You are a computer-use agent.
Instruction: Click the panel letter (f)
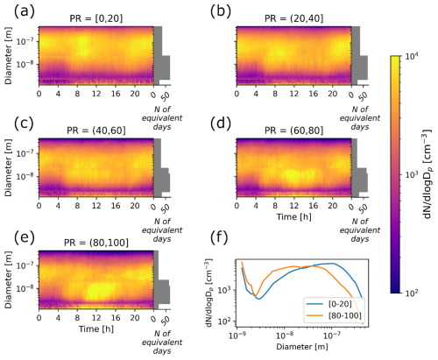(x=219, y=238)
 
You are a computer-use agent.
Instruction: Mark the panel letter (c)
(x=24, y=124)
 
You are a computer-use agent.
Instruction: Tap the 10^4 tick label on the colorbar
(x=412, y=57)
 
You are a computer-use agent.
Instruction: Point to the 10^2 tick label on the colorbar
(x=412, y=293)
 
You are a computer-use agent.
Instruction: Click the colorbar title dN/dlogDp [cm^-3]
(x=427, y=174)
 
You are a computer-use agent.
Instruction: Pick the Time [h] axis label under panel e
(x=96, y=329)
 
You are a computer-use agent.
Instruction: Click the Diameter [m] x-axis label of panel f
(x=302, y=347)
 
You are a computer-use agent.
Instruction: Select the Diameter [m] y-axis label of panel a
(x=9, y=56)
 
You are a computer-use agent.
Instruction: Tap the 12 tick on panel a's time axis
(x=96, y=94)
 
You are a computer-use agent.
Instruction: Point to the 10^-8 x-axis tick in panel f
(x=284, y=335)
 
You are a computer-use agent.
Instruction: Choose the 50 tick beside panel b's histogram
(x=364, y=96)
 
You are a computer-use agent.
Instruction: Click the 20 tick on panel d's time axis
(x=332, y=206)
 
